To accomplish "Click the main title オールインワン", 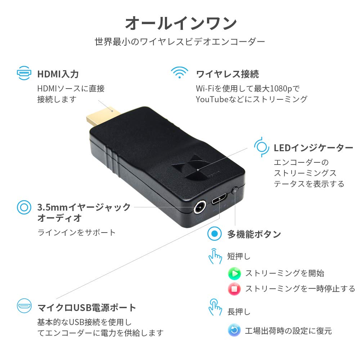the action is point(181,23).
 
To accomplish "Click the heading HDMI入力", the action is point(58,74).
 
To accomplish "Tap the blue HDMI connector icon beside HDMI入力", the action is point(24,73).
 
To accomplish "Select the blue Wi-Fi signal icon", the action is point(179,72).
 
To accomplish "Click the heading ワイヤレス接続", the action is point(227,74).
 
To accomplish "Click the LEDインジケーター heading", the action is point(314,148).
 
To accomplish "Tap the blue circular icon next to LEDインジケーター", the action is point(262,147).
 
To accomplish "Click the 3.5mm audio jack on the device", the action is point(199,208).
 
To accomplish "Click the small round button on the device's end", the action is point(236,190).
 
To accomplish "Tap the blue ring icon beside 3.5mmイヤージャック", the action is point(24,207).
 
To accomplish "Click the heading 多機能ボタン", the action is point(254,234).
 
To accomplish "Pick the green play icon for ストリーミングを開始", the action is point(234,274).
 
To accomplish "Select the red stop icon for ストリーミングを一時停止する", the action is point(234,289).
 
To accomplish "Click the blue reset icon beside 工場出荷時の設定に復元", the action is point(234,330).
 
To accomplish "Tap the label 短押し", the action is point(239,256).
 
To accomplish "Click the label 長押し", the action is point(239,312).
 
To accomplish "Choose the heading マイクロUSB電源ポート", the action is point(87,308).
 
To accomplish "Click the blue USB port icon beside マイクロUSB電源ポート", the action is point(24,306).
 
